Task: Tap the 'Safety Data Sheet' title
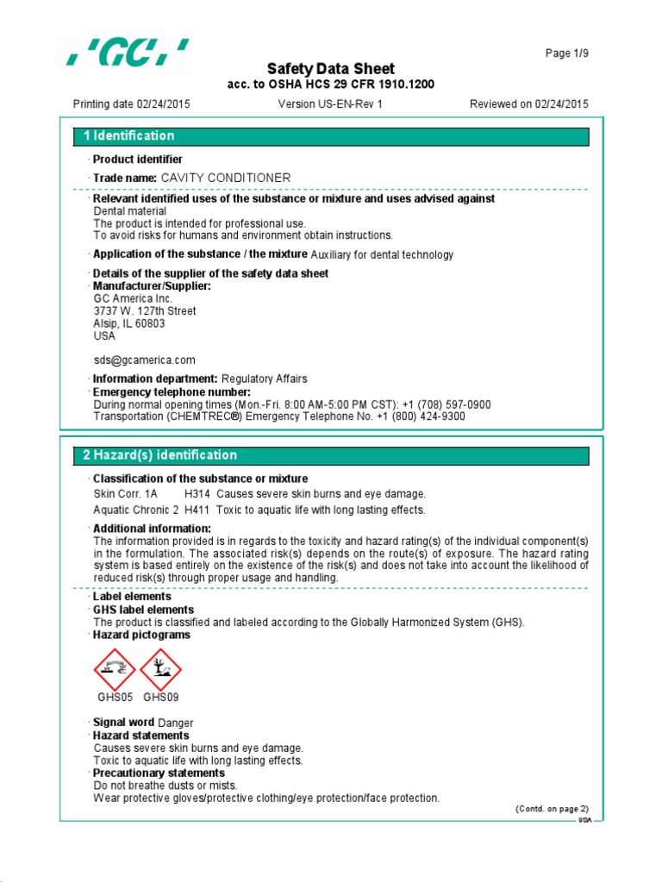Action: [x=330, y=69]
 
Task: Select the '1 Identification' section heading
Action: [x=128, y=136]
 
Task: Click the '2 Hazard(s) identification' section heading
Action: [x=159, y=455]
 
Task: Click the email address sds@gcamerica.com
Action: [x=144, y=360]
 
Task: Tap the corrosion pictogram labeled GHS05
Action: [x=115, y=668]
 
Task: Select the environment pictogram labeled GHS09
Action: [x=160, y=668]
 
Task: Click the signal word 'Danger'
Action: [x=176, y=723]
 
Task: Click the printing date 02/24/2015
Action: [x=163, y=104]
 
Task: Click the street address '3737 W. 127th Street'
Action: [x=144, y=311]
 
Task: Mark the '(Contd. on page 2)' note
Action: [x=552, y=809]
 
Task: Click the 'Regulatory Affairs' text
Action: [x=264, y=379]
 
